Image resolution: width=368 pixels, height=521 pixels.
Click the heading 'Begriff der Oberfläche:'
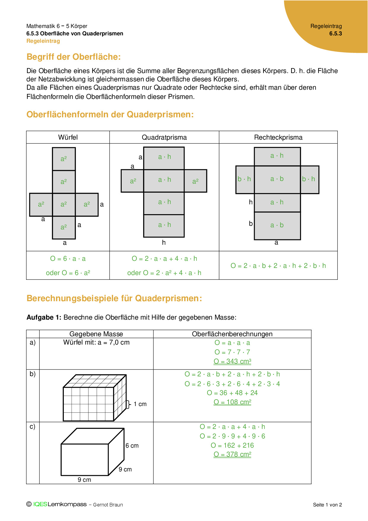tap(74, 57)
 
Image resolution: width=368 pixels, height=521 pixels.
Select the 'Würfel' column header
tap(68, 137)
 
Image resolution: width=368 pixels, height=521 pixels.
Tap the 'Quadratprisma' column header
tap(164, 137)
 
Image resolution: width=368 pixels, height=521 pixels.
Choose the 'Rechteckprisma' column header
tap(278, 137)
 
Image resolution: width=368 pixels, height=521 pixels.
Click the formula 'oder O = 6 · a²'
tap(68, 273)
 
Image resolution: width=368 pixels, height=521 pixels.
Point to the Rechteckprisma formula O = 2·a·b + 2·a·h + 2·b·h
tap(278, 266)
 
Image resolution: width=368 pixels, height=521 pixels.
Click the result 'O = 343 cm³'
tap(232, 361)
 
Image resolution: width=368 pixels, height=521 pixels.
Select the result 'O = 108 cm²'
tap(232, 402)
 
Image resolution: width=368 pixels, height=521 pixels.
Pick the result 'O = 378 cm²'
tap(232, 454)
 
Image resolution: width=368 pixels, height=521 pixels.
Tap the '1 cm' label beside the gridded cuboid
tap(140, 404)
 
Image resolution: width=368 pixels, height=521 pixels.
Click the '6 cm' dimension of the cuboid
tap(132, 446)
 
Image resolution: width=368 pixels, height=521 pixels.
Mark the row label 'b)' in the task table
tap(33, 374)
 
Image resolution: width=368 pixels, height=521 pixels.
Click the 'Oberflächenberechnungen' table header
tap(232, 334)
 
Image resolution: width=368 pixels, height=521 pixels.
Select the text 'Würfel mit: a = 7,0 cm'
tap(96, 342)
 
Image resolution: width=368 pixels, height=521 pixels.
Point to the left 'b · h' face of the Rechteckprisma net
tap(244, 179)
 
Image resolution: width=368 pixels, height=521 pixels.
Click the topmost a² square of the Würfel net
tap(64, 159)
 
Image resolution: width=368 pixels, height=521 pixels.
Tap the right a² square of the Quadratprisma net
tap(195, 181)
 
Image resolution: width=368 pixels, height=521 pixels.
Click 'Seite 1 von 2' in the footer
tap(327, 505)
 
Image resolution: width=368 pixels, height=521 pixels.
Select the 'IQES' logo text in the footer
tap(40, 504)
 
